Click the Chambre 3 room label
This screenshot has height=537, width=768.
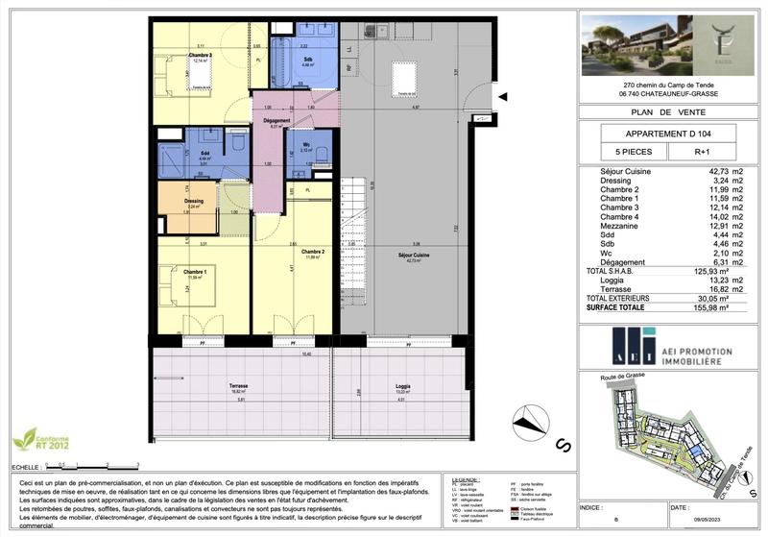[x=200, y=56]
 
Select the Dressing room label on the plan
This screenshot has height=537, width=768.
[x=194, y=202]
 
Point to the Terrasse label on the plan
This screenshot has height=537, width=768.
[x=239, y=387]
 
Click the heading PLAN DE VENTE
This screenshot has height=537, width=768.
[x=668, y=112]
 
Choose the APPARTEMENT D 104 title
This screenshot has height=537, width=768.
[x=668, y=134]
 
